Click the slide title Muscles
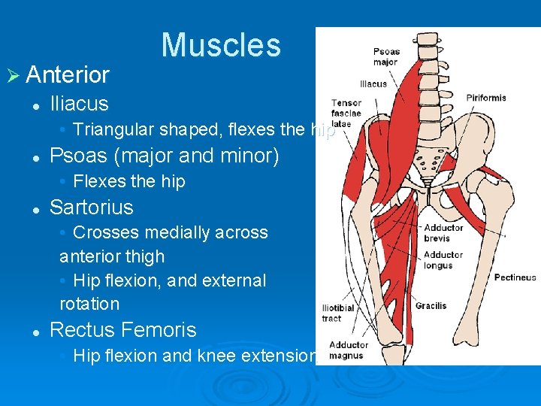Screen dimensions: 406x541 coord(220,44)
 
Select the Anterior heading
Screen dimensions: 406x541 coord(68,74)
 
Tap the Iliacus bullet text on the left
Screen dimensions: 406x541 coord(79,104)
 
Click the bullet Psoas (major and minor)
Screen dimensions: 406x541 coord(164,156)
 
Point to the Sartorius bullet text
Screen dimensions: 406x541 coord(91,208)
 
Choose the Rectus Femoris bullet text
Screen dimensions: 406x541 coord(122,330)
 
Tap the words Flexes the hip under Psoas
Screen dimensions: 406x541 coord(128,181)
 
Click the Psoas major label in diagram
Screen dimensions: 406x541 coord(386,56)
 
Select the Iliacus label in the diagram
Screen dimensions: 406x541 coord(373,84)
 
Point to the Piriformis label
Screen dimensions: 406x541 coord(486,98)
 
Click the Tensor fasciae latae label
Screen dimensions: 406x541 coord(346,113)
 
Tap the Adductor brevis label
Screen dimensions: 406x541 coord(443,232)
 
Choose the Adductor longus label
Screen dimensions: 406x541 coord(443,259)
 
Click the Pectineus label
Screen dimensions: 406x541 coord(515,277)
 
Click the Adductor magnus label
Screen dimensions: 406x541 coord(348,350)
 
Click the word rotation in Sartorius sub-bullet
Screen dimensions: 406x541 coord(89,304)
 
